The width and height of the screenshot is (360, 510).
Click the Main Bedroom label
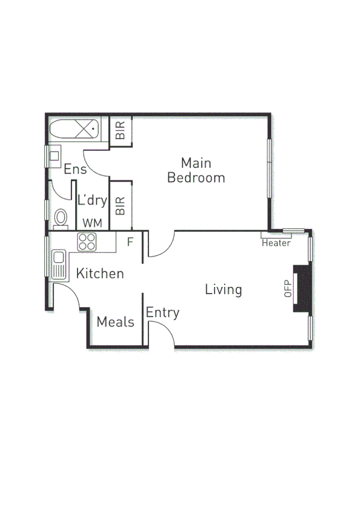click(196, 170)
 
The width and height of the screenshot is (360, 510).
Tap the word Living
click(223, 289)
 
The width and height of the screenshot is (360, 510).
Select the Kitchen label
click(100, 274)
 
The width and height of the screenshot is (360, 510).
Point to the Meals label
click(115, 322)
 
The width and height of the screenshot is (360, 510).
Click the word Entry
click(162, 313)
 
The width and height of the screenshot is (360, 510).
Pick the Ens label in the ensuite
click(75, 170)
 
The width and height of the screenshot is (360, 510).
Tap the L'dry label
click(92, 201)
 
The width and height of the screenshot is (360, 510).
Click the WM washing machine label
click(92, 223)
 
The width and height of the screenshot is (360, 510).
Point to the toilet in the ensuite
click(60, 218)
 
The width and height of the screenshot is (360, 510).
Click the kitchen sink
click(58, 265)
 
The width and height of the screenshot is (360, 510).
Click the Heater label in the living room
click(276, 243)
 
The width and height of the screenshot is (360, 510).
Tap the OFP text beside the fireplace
click(287, 289)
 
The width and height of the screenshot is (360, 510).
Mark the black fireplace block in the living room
click(301, 289)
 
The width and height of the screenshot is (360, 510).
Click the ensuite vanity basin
click(55, 156)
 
